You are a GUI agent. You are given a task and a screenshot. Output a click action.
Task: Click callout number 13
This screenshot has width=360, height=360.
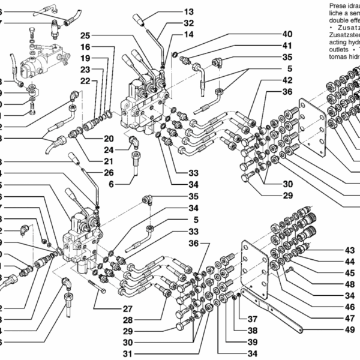click(x=188, y=11)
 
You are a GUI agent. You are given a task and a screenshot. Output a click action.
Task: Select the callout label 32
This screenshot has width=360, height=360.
click(x=188, y=23)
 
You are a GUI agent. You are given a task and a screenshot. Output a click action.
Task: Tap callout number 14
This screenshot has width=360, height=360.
click(x=188, y=34)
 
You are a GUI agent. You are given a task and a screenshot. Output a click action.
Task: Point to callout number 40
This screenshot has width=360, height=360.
click(x=287, y=34)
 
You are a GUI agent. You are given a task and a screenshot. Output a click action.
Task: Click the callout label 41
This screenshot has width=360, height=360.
click(x=287, y=46)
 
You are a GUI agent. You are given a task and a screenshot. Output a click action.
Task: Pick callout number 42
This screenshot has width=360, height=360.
click(x=287, y=80)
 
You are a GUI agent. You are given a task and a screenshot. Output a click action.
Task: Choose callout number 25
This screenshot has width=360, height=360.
click(x=85, y=35)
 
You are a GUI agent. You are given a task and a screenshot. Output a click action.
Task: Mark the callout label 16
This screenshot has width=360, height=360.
click(x=85, y=47)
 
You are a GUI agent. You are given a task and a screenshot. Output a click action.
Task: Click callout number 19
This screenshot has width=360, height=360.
click(x=85, y=58)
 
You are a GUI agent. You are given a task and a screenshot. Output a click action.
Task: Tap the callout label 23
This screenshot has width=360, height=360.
click(x=85, y=70)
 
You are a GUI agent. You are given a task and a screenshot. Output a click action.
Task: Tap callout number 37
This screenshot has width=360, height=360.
click(x=252, y=319)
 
